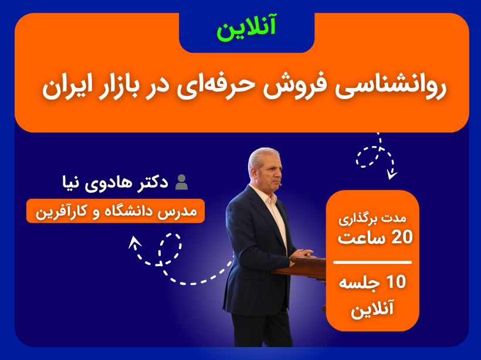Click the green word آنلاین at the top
[246, 28]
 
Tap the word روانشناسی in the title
[390, 87]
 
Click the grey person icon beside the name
[181, 182]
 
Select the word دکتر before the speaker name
[153, 183]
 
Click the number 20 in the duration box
[402, 237]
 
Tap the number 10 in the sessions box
[396, 282]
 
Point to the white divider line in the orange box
[372, 262]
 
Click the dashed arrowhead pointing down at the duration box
[391, 175]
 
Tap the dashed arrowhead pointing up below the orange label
[134, 242]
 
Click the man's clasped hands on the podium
[302, 254]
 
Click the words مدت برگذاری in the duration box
[372, 219]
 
